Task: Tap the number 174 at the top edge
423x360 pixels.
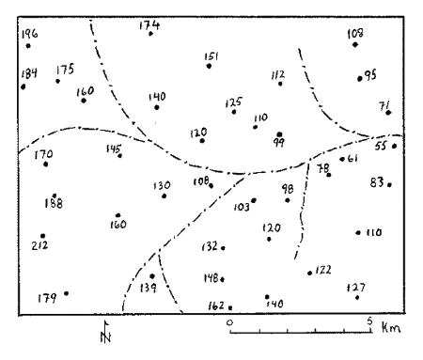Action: click(x=149, y=25)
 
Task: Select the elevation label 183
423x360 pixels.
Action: click(x=355, y=35)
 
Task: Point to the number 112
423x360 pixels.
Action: click(x=277, y=74)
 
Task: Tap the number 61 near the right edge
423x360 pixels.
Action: click(x=353, y=159)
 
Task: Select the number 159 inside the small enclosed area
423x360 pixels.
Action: click(x=147, y=288)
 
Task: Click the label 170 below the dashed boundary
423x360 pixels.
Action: click(x=42, y=155)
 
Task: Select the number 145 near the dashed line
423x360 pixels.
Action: click(x=115, y=148)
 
